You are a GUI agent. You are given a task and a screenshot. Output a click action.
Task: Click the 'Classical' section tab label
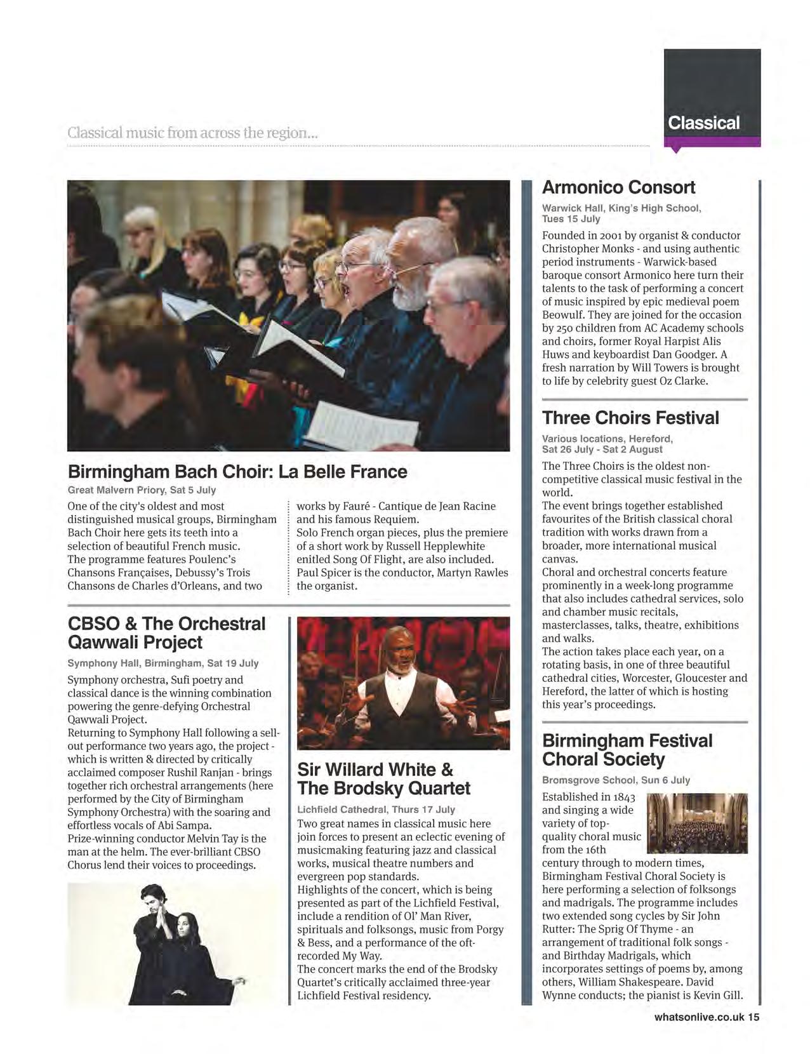pos(703,123)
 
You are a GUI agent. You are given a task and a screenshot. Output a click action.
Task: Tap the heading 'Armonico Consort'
pos(618,187)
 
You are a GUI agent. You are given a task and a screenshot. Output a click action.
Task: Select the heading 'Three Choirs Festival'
pos(630,418)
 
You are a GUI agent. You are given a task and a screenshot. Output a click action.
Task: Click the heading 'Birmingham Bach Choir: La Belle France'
pos(237,472)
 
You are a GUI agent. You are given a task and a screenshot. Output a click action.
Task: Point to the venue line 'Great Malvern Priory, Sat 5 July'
pos(142,490)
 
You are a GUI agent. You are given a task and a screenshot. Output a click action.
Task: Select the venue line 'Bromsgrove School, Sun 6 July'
pos(616,780)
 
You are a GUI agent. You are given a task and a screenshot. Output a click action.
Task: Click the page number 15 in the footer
pos(753,1017)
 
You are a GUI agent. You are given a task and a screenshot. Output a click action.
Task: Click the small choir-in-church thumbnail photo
pos(697,823)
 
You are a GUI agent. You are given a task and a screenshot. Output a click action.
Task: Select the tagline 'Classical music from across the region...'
pos(192,133)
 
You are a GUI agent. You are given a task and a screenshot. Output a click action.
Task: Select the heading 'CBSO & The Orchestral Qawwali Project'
pos(166,632)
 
